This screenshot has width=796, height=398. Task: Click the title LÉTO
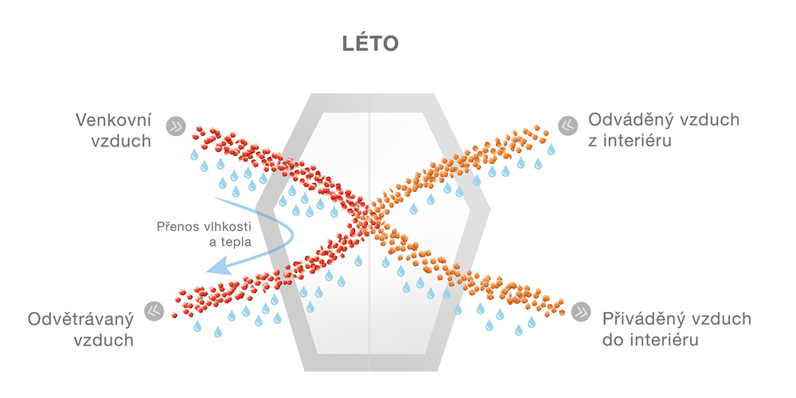point(370,44)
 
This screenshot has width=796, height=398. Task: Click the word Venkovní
point(113,120)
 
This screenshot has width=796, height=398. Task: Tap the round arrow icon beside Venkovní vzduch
point(176,126)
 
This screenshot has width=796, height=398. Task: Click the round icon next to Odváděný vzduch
point(568,126)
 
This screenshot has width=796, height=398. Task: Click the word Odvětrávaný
point(80,319)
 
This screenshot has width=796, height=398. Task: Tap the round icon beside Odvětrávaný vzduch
point(154,311)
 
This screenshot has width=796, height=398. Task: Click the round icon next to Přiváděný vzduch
point(581,311)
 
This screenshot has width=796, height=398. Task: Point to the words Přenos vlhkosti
point(204,226)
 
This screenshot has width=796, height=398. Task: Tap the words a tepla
point(231,242)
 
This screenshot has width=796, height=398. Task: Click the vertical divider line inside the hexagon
point(369,232)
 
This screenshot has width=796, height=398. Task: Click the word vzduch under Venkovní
point(121,140)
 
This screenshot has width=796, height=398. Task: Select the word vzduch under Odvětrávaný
point(104,339)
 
